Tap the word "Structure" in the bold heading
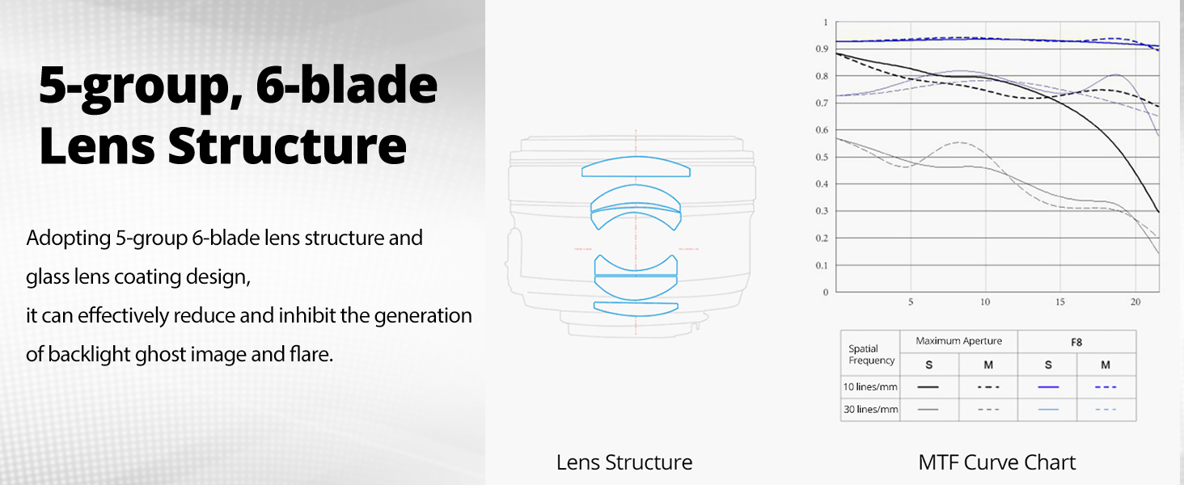(288, 146)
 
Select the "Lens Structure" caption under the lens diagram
(624, 462)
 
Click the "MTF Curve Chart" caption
(997, 462)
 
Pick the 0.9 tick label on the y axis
(822, 48)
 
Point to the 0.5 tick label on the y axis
(822, 157)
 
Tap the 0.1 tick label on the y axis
(822, 265)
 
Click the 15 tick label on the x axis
(1060, 302)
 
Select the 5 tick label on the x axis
(911, 302)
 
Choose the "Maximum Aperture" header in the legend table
(959, 341)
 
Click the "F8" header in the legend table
(1076, 343)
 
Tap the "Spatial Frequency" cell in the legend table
(871, 355)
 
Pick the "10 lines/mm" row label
(870, 386)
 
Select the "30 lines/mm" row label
(870, 409)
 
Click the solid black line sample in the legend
(928, 387)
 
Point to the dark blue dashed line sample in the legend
(1106, 387)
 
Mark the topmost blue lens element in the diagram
(636, 167)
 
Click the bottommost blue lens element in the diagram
(636, 309)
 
